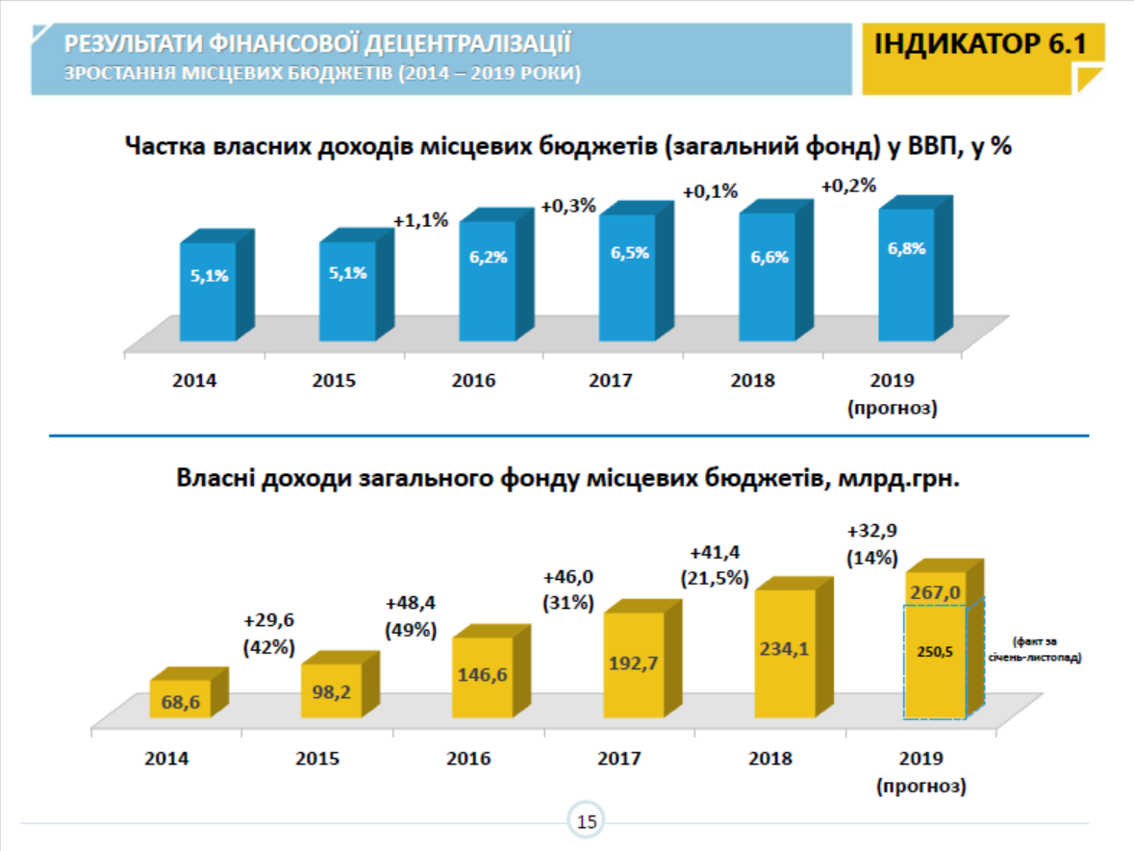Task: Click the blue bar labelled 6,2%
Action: (x=488, y=279)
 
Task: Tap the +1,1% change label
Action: (x=420, y=220)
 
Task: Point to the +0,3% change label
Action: (x=568, y=206)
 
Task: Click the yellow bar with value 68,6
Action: (x=180, y=699)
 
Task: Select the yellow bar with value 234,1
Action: (x=785, y=651)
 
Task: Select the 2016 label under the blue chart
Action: (x=473, y=380)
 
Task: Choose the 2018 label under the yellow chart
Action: (x=770, y=758)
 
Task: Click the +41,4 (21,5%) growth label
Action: (x=720, y=565)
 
